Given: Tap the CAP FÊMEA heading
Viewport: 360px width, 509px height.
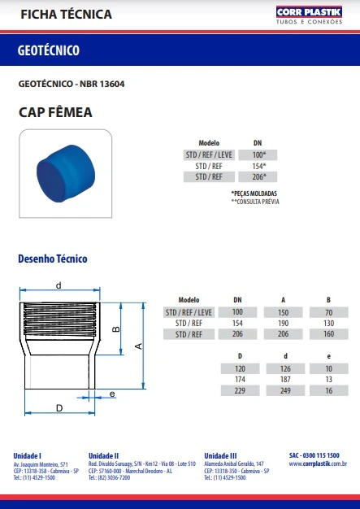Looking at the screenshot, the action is [55, 111].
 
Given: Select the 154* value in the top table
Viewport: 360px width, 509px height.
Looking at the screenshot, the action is [258, 165].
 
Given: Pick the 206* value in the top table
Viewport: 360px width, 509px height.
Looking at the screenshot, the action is [258, 176].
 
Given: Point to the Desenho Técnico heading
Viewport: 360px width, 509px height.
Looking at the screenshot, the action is [53, 259].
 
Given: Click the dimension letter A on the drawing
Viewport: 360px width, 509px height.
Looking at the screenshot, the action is [138, 346].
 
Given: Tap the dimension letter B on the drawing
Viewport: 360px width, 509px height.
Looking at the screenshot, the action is [116, 329].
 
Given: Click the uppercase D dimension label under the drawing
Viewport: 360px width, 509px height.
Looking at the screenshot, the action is [59, 407].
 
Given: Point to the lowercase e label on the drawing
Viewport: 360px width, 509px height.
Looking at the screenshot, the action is [112, 394].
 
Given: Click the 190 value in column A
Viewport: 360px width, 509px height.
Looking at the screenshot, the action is [283, 323].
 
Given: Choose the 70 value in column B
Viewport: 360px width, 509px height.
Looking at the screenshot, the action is [328, 312].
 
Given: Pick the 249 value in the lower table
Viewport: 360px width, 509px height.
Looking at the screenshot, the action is [283, 390].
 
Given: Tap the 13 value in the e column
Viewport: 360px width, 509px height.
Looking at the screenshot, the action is [328, 380].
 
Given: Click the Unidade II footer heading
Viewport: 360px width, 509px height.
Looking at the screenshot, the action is [104, 455].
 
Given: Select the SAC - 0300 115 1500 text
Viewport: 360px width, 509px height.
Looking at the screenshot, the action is [314, 455].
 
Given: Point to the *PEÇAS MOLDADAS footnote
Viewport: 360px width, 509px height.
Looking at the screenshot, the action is [254, 192].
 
